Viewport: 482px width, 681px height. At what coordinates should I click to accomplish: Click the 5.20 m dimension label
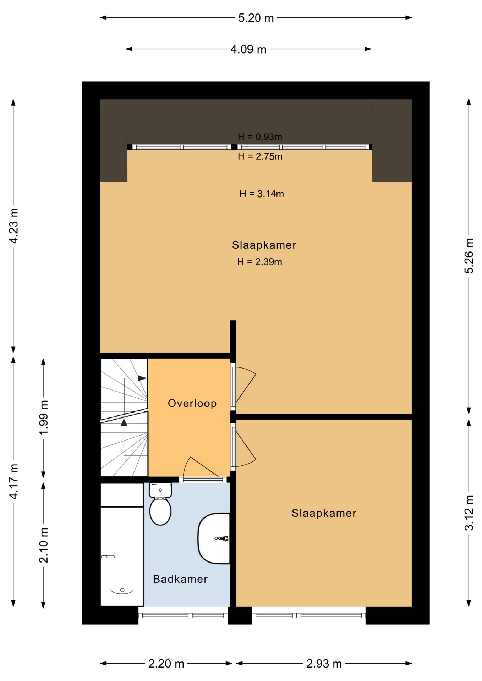256,18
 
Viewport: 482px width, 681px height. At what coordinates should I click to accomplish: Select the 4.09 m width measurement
248,49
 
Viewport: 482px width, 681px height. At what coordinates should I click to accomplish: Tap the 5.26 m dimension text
469,256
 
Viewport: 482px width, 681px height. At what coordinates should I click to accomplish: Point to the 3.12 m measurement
469,513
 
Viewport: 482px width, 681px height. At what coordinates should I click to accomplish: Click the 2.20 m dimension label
166,664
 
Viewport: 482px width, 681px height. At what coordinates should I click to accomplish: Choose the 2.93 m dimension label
324,664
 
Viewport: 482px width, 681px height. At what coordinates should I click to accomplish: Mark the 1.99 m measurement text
43,417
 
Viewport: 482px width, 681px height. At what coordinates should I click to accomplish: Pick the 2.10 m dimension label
43,545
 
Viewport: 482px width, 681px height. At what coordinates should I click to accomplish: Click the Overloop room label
192,403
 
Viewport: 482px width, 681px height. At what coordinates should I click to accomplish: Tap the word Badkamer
180,579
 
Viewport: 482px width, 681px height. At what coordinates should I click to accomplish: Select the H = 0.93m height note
260,137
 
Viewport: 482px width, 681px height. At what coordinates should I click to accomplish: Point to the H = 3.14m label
262,194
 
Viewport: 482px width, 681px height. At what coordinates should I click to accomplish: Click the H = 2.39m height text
260,262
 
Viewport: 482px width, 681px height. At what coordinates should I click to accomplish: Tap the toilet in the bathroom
160,504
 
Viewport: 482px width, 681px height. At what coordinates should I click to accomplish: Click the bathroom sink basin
214,538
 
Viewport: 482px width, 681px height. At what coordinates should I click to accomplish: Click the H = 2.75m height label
260,156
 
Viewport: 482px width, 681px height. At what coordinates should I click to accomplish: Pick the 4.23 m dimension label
13,226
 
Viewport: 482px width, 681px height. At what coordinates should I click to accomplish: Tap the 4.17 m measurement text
13,481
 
